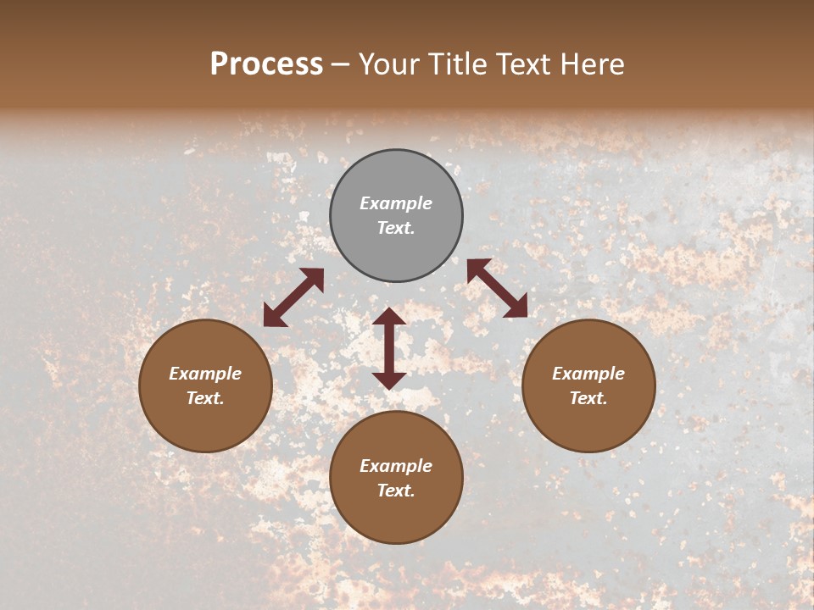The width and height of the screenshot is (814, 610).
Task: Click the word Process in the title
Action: (x=266, y=64)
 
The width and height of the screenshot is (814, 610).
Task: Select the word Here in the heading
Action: (x=592, y=64)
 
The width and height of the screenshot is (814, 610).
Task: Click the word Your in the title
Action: (x=390, y=64)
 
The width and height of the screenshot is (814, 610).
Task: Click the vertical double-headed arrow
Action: (x=389, y=348)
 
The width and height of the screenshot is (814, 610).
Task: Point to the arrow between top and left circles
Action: (x=293, y=297)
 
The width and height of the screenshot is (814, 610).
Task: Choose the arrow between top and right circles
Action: (x=497, y=288)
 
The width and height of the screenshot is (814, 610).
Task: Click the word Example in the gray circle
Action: (x=396, y=203)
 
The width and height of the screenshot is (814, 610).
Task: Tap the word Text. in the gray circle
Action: (x=396, y=228)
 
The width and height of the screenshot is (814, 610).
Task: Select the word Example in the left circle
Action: (x=205, y=374)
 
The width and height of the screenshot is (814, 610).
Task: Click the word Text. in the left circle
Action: (x=205, y=398)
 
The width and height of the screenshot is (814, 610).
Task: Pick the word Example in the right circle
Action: (x=588, y=374)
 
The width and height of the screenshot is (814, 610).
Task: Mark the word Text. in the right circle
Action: (x=588, y=398)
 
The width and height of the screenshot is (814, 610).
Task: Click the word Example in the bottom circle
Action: (x=396, y=466)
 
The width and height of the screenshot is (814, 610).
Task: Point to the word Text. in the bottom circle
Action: (x=396, y=491)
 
